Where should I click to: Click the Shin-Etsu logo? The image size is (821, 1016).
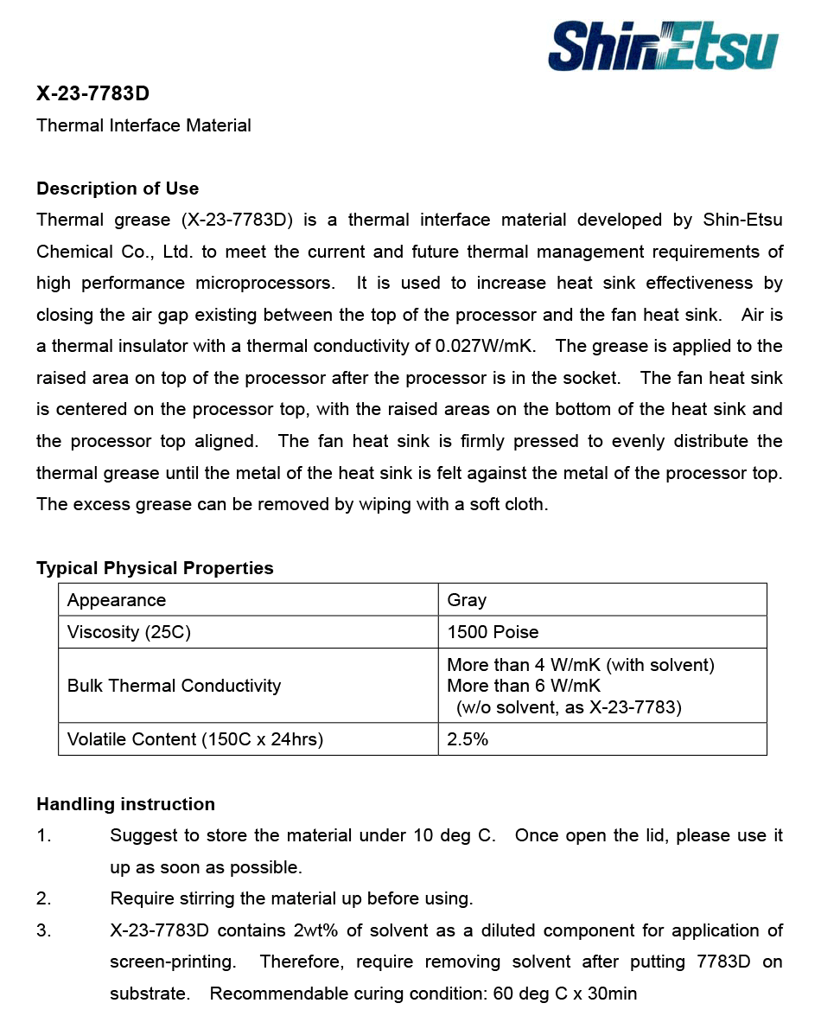[663, 47]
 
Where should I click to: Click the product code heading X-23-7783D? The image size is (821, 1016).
[93, 93]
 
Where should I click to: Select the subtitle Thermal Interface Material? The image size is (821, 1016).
[143, 125]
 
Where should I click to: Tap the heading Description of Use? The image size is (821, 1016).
[118, 189]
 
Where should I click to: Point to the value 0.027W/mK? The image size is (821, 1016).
[486, 346]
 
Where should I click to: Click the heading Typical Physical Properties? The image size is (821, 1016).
[155, 568]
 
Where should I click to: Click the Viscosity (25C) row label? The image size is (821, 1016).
[129, 632]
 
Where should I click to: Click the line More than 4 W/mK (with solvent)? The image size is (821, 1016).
[581, 665]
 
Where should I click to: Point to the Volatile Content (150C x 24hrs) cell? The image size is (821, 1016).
[195, 739]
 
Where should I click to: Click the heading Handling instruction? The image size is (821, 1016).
[125, 804]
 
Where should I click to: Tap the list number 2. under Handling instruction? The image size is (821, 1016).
[44, 898]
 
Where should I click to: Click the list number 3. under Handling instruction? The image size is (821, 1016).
[44, 930]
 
